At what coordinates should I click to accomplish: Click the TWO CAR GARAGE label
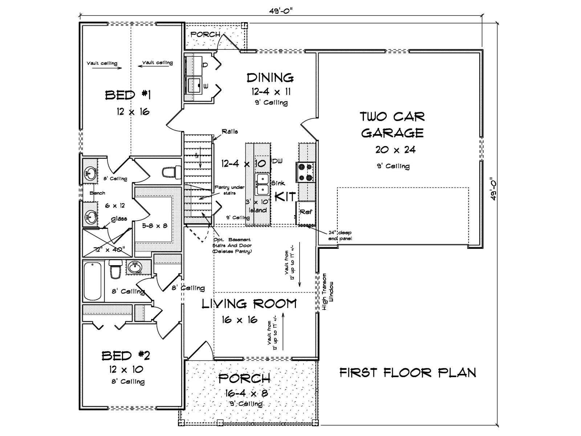(x=392, y=124)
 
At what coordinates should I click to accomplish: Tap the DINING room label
(x=270, y=77)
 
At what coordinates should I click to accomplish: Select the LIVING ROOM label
(x=249, y=304)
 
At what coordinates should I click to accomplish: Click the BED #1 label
(x=128, y=95)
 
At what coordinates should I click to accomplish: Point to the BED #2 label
(x=126, y=355)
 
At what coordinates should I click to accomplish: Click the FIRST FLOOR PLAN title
(x=408, y=372)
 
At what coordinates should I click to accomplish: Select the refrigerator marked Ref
(x=306, y=212)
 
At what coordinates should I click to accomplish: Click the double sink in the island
(x=263, y=184)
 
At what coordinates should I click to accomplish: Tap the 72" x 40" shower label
(x=109, y=250)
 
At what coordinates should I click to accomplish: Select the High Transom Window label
(x=328, y=291)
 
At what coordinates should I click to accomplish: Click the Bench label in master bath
(x=97, y=193)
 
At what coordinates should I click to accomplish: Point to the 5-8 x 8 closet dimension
(x=154, y=225)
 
